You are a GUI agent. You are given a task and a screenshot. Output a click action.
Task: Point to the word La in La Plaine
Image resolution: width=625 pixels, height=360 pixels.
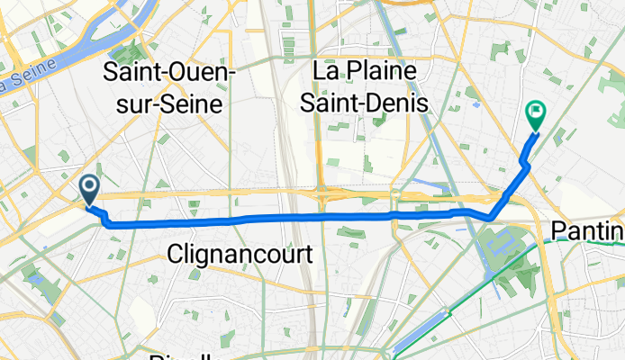327,71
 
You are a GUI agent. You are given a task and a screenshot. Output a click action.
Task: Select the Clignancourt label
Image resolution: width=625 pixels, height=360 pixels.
240,255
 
